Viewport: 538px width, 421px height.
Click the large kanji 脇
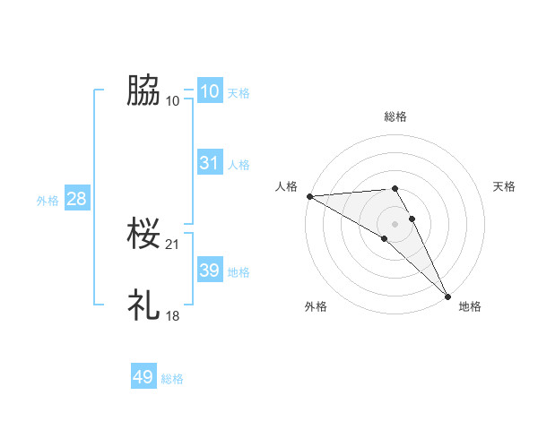tap(143, 90)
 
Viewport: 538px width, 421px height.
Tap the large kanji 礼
tap(143, 305)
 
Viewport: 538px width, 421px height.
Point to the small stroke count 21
tap(173, 245)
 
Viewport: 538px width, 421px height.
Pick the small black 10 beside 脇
tap(173, 100)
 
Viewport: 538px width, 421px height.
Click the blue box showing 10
tap(209, 91)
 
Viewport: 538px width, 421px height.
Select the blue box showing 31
tap(209, 163)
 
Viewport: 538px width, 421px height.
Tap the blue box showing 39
tap(209, 271)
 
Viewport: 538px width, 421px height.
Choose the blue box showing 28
tap(76, 199)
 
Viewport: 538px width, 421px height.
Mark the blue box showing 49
tap(143, 377)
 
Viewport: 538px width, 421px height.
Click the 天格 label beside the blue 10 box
tap(239, 93)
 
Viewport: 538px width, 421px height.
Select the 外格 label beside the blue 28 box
tap(48, 201)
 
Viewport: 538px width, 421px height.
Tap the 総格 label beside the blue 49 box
tap(172, 379)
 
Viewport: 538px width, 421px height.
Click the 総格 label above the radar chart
tap(395, 116)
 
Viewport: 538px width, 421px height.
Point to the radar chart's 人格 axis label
tap(286, 186)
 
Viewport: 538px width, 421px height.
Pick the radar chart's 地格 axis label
tap(470, 306)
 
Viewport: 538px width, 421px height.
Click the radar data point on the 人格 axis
tap(309, 196)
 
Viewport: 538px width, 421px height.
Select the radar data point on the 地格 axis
tap(447, 296)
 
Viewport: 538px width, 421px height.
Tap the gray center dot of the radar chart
tap(395, 223)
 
